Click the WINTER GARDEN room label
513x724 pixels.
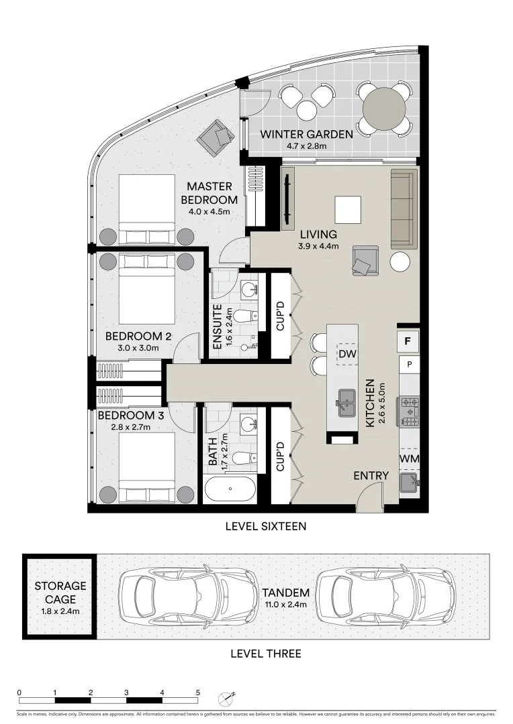coord(306,134)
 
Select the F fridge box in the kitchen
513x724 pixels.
coord(407,341)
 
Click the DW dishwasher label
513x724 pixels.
coord(346,353)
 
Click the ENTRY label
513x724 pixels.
coord(371,476)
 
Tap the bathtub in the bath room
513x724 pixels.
coord(230,490)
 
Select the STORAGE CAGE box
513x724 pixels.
coord(60,597)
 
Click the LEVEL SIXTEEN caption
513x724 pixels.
coord(266,527)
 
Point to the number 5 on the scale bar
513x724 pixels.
coord(198,692)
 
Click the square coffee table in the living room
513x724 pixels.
coord(348,209)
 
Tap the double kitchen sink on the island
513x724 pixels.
coord(347,403)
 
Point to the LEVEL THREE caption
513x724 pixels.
coord(266,654)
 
